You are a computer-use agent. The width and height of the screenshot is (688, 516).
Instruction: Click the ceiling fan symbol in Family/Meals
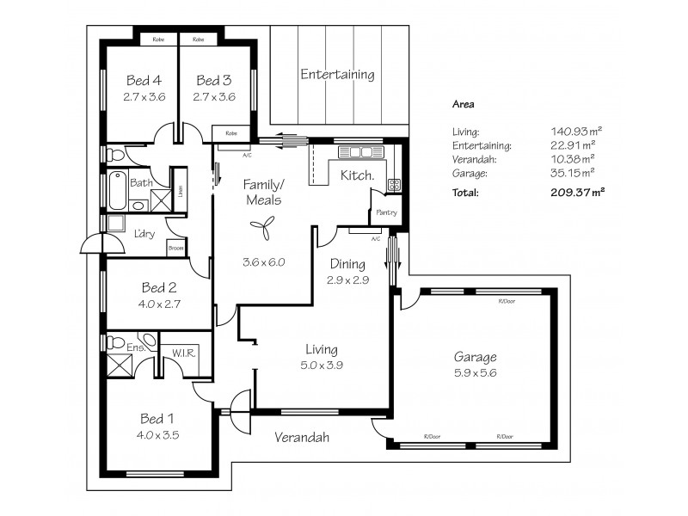pyautogui.click(x=261, y=225)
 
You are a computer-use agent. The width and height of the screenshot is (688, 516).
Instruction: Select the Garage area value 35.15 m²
pyautogui.click(x=575, y=174)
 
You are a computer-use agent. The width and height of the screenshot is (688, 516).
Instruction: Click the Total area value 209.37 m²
pyautogui.click(x=576, y=193)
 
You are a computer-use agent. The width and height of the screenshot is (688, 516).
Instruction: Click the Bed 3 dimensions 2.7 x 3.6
pyautogui.click(x=214, y=97)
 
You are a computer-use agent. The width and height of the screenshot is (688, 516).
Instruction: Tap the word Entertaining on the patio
pyautogui.click(x=337, y=75)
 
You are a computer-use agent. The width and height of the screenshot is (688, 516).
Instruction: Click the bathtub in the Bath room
pyautogui.click(x=116, y=189)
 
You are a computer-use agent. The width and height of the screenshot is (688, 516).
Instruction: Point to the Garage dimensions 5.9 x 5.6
pyautogui.click(x=476, y=373)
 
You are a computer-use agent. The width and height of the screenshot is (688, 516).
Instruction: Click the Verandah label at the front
pyautogui.click(x=302, y=438)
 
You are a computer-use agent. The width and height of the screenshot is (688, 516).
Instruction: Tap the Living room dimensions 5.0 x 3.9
pyautogui.click(x=321, y=365)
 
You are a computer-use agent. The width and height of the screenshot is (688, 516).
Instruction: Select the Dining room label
pyautogui.click(x=347, y=264)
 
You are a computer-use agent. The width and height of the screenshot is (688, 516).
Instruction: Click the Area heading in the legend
pyautogui.click(x=464, y=104)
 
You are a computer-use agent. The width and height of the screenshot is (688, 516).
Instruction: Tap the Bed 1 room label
pyautogui.click(x=158, y=419)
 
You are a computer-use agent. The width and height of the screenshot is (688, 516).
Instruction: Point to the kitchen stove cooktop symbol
pyautogui.click(x=394, y=184)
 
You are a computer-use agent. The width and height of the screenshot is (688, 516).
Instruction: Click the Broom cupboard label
pyautogui.click(x=175, y=249)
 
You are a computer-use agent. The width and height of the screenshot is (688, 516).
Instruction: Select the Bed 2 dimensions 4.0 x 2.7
pyautogui.click(x=159, y=303)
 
